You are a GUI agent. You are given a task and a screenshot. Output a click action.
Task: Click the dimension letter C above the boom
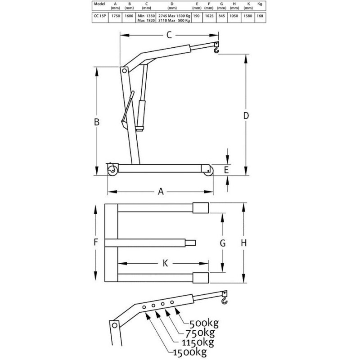pos(169,35)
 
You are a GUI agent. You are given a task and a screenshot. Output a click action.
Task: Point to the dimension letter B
pos(97,122)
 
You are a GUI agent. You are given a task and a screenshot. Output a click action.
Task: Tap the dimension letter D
pos(246,116)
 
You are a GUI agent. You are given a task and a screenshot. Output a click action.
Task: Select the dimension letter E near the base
pos(226,170)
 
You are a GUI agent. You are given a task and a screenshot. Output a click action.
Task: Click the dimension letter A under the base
pos(161,191)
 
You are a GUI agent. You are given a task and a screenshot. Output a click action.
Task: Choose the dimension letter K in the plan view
pos(165,263)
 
